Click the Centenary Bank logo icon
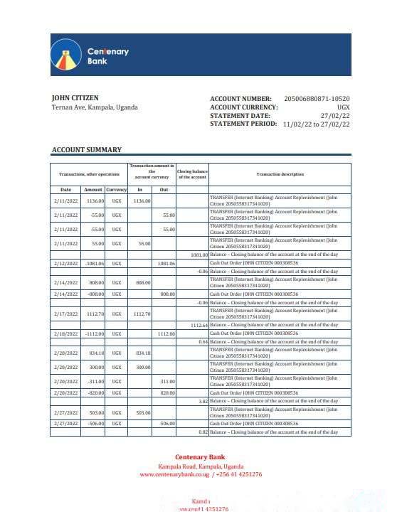point(65,55)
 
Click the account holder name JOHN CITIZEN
point(75,98)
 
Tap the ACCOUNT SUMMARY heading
point(86,150)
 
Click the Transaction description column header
point(280,174)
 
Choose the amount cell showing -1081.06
point(94,263)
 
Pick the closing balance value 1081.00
point(199,255)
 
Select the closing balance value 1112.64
point(199,325)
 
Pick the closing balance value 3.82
point(203,401)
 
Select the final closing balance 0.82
point(203,432)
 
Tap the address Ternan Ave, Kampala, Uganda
point(95,107)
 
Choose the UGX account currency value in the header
point(343,107)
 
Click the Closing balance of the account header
point(192,174)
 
